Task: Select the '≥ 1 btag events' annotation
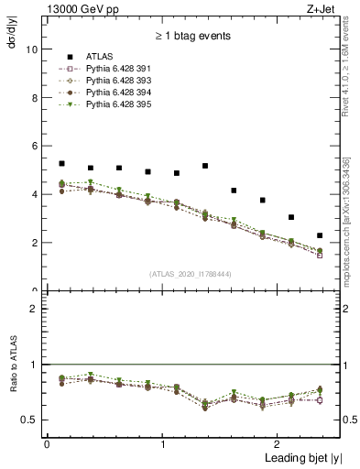[192, 37]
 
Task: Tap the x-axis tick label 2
[279, 443]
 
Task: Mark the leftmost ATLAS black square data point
[61, 163]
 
